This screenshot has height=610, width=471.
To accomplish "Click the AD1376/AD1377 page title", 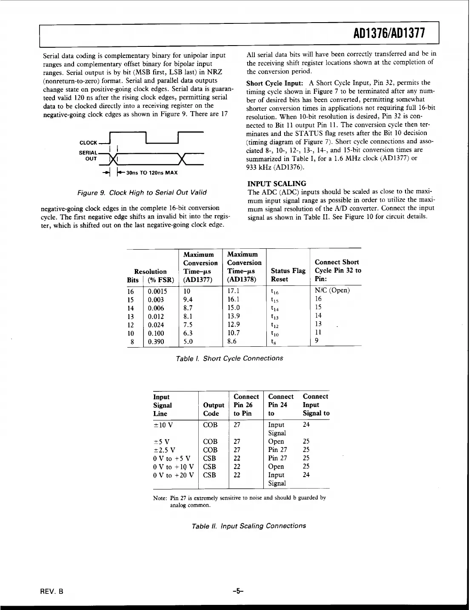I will pos(389,35).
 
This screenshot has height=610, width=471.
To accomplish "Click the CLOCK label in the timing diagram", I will pos(88,143).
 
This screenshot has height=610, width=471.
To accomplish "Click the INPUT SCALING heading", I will pos(277,184).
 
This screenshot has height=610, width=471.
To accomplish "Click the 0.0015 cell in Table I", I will pos(157,291).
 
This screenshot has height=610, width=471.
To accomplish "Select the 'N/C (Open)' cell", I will pos(332,291).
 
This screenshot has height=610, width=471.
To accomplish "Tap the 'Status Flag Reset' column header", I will pos(288,275).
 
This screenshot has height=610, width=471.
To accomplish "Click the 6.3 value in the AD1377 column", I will pos(188,333).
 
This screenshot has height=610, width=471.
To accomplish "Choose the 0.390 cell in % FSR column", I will pos(156,342).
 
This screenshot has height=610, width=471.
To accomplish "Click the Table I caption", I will pos(229,358).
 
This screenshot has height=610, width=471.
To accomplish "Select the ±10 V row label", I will pos(163,425).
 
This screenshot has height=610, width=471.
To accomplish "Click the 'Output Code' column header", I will pos(214,409).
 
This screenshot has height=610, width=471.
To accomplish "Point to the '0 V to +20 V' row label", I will pos(173,475).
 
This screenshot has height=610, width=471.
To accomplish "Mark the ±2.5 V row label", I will pos(164,450).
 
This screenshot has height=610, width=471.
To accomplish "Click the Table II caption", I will pos(249,526).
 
